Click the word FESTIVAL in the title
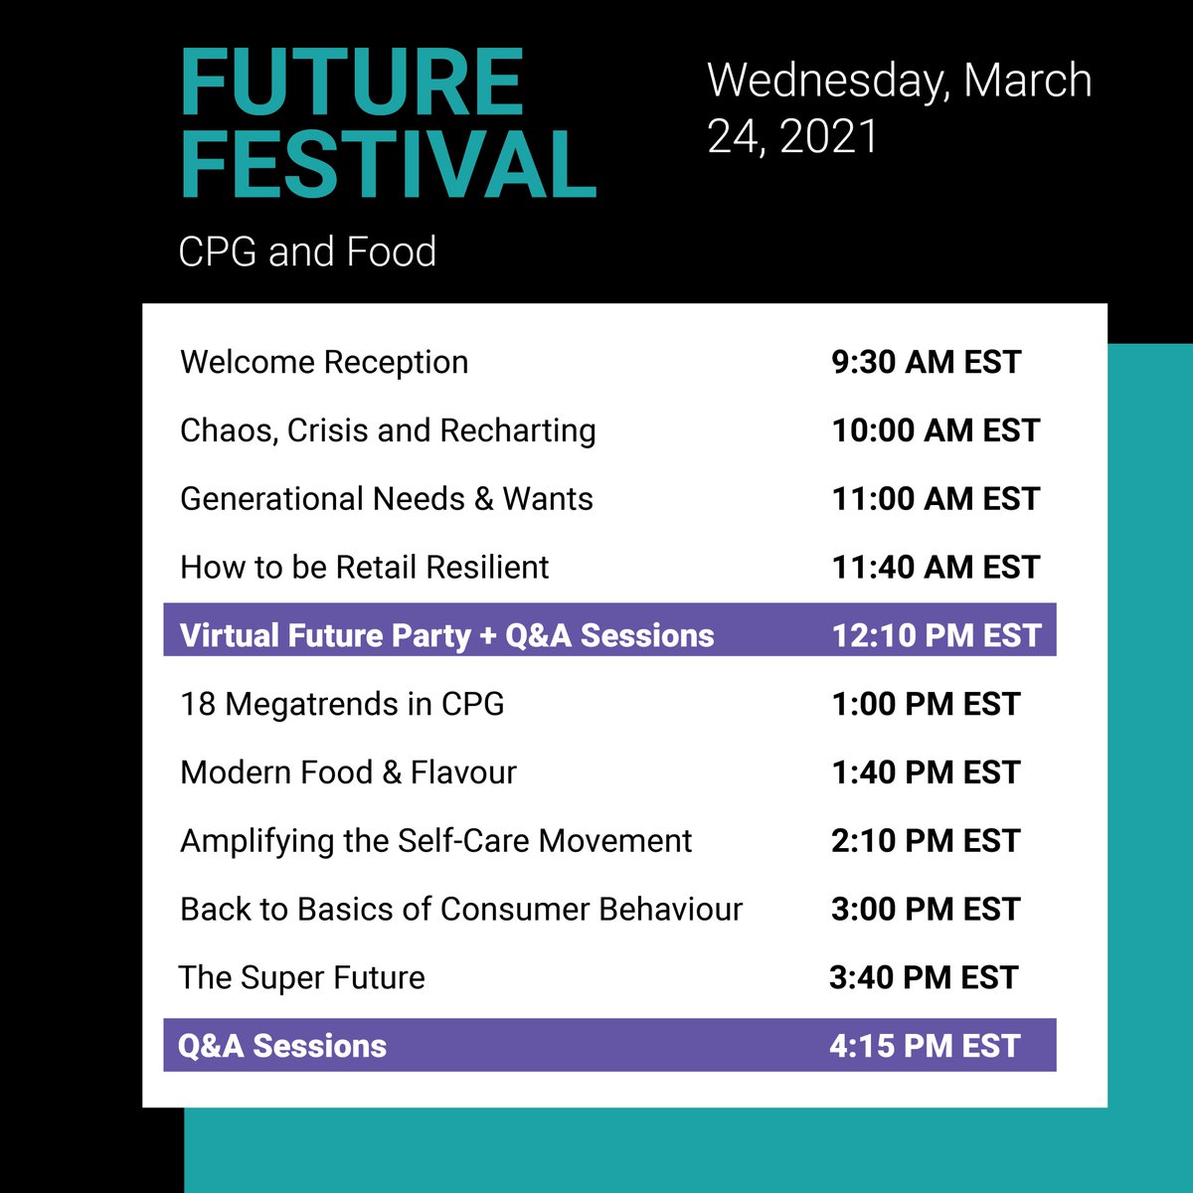[388, 164]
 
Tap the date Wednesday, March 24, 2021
[899, 107]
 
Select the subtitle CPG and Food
[307, 252]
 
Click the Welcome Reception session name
[324, 362]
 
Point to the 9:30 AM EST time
[926, 362]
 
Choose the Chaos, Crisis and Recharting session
[388, 430]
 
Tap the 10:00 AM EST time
[936, 430]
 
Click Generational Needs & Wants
[387, 499]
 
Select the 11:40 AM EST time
[936, 568]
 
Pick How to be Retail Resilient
[364, 568]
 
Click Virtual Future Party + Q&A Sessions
[447, 635]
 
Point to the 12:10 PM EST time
[936, 635]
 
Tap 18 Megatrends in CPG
[342, 704]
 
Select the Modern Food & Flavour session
[348, 772]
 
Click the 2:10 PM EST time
[926, 841]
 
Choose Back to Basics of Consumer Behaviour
[461, 910]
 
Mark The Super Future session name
[302, 978]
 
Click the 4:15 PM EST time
[925, 1046]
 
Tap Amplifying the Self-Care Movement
[435, 841]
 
